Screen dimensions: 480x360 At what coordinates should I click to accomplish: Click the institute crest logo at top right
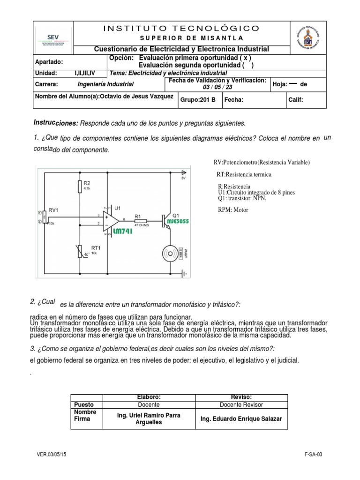308,38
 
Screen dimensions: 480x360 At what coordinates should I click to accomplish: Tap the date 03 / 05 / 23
217,88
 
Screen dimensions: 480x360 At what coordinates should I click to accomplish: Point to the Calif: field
296,100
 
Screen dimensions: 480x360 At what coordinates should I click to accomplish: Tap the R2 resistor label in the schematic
88,183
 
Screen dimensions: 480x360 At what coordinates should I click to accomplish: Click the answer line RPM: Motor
233,210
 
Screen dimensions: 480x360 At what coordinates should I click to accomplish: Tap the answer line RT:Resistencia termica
244,174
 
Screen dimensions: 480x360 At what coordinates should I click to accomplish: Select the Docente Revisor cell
241,405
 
